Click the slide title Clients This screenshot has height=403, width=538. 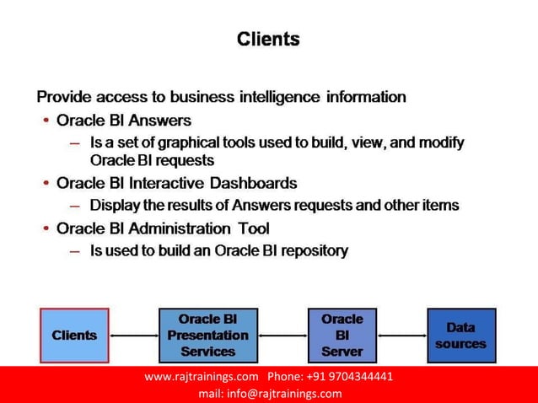[x=268, y=39]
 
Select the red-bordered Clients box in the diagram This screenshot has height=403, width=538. [x=74, y=336]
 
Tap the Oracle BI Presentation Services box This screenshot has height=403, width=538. [x=207, y=336]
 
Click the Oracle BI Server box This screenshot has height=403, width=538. [x=342, y=336]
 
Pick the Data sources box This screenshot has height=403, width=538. [x=460, y=336]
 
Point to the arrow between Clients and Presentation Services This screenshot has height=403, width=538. [x=133, y=336]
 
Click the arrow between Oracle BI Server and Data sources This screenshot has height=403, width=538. [x=401, y=336]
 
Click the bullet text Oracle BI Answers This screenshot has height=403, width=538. [x=124, y=121]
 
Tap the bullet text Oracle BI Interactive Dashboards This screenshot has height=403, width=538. [x=176, y=183]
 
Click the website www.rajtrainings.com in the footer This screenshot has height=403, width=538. [x=201, y=376]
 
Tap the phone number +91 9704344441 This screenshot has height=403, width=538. [x=351, y=376]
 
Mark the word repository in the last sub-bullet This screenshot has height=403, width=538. [x=317, y=250]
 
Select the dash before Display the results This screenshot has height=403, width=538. [x=75, y=206]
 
